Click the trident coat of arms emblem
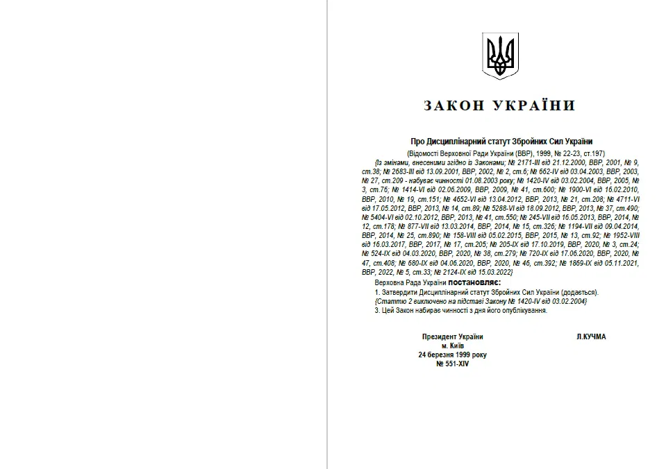(500, 55)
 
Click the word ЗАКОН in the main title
(454, 106)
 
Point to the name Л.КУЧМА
(591, 337)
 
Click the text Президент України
(452, 337)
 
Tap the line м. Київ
(452, 346)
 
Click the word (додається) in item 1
(581, 293)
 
